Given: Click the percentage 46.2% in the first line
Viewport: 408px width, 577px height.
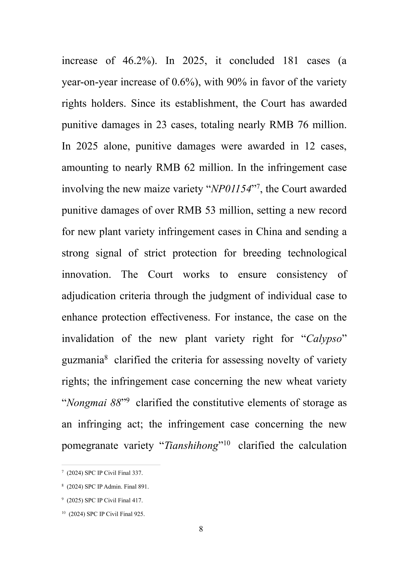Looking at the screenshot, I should pyautogui.click(x=139, y=61).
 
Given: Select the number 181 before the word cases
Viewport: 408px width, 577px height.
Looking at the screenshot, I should pyautogui.click(x=290, y=61).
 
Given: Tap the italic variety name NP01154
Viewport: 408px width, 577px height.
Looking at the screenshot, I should pyautogui.click(x=231, y=189).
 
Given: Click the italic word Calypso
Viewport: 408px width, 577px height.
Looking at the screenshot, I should pyautogui.click(x=324, y=339).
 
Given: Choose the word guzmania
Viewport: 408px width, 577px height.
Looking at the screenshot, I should pyautogui.click(x=83, y=360).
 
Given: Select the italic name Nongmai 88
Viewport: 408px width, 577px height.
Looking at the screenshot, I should pyautogui.click(x=94, y=403).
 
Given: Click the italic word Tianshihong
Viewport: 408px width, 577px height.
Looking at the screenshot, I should pyautogui.click(x=191, y=446).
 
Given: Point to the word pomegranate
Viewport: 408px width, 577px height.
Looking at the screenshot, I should pyautogui.click(x=90, y=446).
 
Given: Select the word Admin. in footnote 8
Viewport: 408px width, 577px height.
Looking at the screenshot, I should pyautogui.click(x=113, y=487).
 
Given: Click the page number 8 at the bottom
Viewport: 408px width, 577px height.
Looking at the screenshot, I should pyautogui.click(x=201, y=529).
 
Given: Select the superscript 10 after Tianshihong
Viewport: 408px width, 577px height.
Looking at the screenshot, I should pyautogui.click(x=227, y=442).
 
